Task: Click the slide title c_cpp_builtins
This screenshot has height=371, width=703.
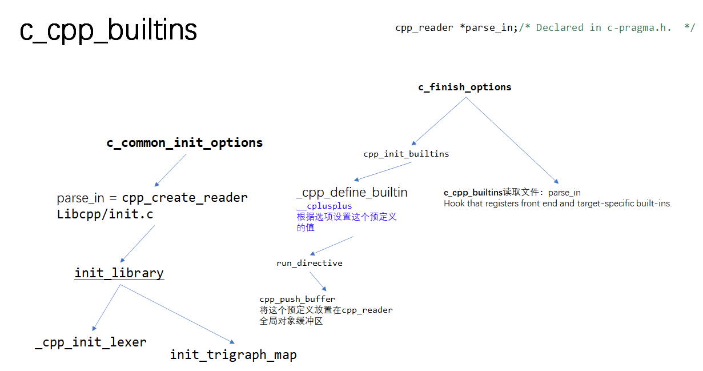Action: [109, 30]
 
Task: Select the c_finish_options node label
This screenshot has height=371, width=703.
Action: [465, 87]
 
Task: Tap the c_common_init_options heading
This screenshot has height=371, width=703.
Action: [184, 143]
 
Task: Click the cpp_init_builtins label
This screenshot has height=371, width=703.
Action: [406, 154]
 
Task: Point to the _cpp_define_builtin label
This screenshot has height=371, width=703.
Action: [352, 192]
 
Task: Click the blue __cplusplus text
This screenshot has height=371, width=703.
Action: [324, 206]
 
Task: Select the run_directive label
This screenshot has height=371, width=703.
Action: [310, 263]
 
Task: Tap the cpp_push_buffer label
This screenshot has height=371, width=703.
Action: [297, 299]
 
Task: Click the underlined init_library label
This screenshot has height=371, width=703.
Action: [119, 273]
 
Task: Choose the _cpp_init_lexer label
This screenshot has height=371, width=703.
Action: [91, 342]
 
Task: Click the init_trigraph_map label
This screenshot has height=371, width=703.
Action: [233, 355]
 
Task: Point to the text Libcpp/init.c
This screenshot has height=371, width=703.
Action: [105, 214]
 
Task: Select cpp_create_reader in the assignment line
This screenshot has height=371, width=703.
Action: [185, 198]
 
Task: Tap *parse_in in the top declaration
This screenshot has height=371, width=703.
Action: [487, 27]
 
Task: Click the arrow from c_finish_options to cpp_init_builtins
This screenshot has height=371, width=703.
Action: [439, 121]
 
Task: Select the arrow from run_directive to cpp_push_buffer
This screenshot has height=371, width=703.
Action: [318, 282]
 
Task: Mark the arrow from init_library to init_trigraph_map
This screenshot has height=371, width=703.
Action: [177, 313]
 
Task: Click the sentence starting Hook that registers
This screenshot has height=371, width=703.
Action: [557, 204]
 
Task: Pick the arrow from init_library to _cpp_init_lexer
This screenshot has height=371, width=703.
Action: [107, 308]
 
